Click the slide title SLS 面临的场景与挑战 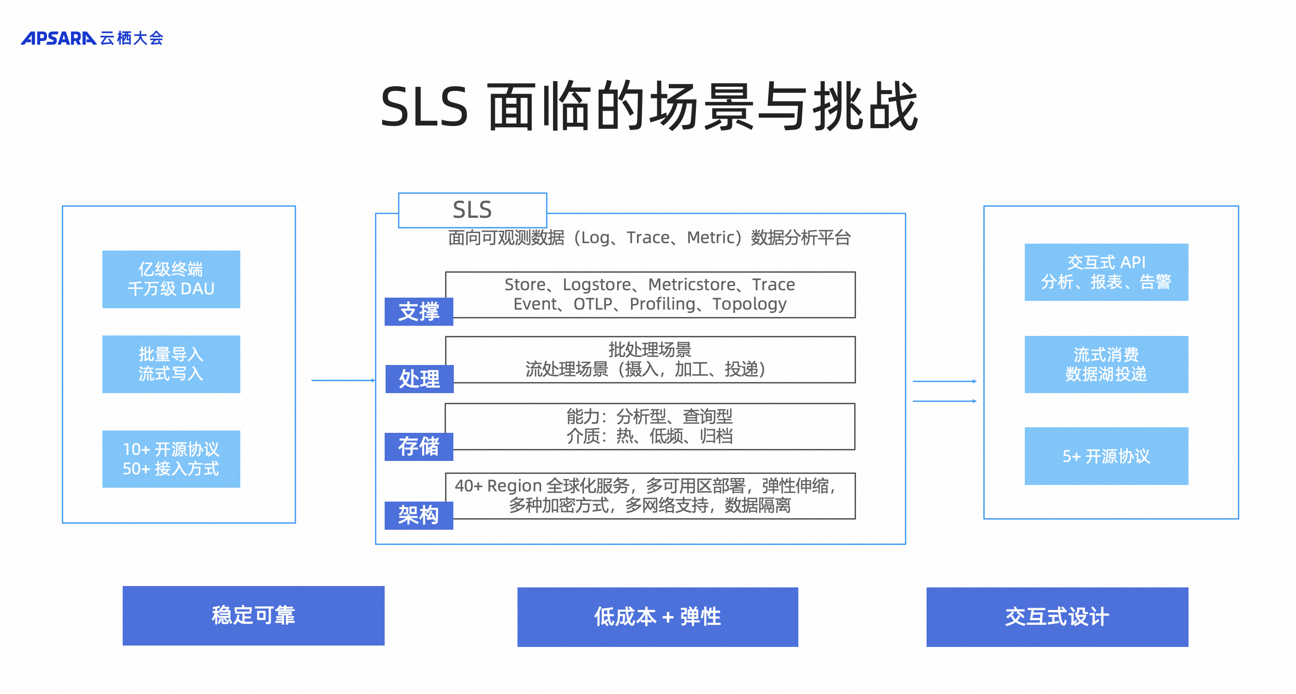pyautogui.click(x=649, y=107)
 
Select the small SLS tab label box pyautogui.click(x=472, y=210)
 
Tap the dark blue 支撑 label pyautogui.click(x=419, y=311)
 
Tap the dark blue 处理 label pyautogui.click(x=419, y=379)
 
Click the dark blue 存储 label pyautogui.click(x=419, y=446)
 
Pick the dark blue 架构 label pyautogui.click(x=419, y=515)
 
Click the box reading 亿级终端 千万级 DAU pyautogui.click(x=171, y=279)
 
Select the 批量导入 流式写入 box pyautogui.click(x=171, y=364)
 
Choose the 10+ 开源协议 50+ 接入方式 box pyautogui.click(x=171, y=459)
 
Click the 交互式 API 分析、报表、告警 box pyautogui.click(x=1106, y=272)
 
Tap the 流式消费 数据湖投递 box pyautogui.click(x=1106, y=364)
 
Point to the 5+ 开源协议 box pyautogui.click(x=1106, y=456)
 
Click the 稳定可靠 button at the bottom pyautogui.click(x=253, y=615)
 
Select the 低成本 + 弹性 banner pyautogui.click(x=657, y=616)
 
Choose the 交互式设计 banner pyautogui.click(x=1057, y=616)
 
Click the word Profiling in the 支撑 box pyautogui.click(x=662, y=304)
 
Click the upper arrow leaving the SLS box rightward pyautogui.click(x=944, y=382)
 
